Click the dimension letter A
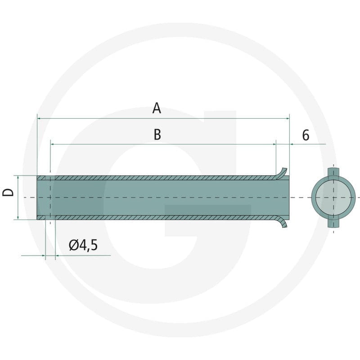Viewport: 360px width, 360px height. [157, 108]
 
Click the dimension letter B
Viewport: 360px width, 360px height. [157, 135]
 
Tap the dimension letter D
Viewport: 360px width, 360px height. [8, 192]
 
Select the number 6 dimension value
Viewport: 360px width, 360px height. [306, 135]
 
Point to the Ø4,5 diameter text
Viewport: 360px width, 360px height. [83, 245]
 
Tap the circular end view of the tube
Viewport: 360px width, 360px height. [333, 198]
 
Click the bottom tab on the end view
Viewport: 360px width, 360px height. [333, 223]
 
